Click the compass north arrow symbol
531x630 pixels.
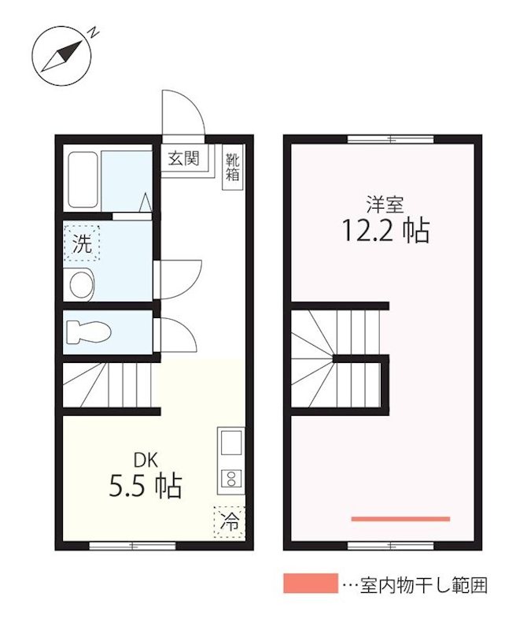[61, 56]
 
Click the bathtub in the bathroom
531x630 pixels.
[83, 180]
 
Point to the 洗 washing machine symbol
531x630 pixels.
[82, 243]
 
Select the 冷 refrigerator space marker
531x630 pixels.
[230, 521]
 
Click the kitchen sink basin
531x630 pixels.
[231, 444]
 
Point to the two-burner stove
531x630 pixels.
[231, 477]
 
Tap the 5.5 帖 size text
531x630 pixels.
[146, 487]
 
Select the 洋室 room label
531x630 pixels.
[385, 205]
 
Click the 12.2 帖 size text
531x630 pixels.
[385, 230]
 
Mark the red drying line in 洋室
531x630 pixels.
[400, 519]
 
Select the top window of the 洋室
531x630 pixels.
[390, 139]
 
